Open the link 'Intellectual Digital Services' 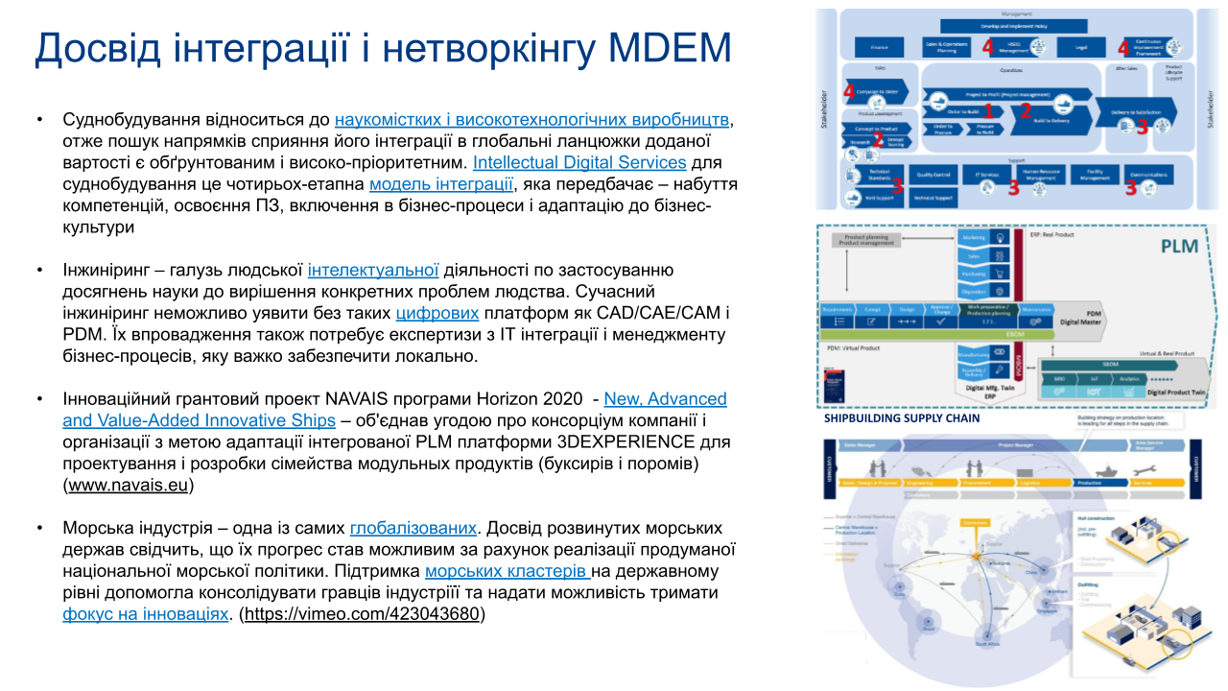[579, 162]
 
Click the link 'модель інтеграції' [441, 184]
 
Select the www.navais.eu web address [129, 485]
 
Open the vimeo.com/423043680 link [362, 613]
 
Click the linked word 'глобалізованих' [413, 528]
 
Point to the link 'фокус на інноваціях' [146, 613]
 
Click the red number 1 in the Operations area [989, 111]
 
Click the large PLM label [1178, 246]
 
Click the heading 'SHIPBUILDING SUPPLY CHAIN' [902, 418]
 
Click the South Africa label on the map [989, 645]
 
